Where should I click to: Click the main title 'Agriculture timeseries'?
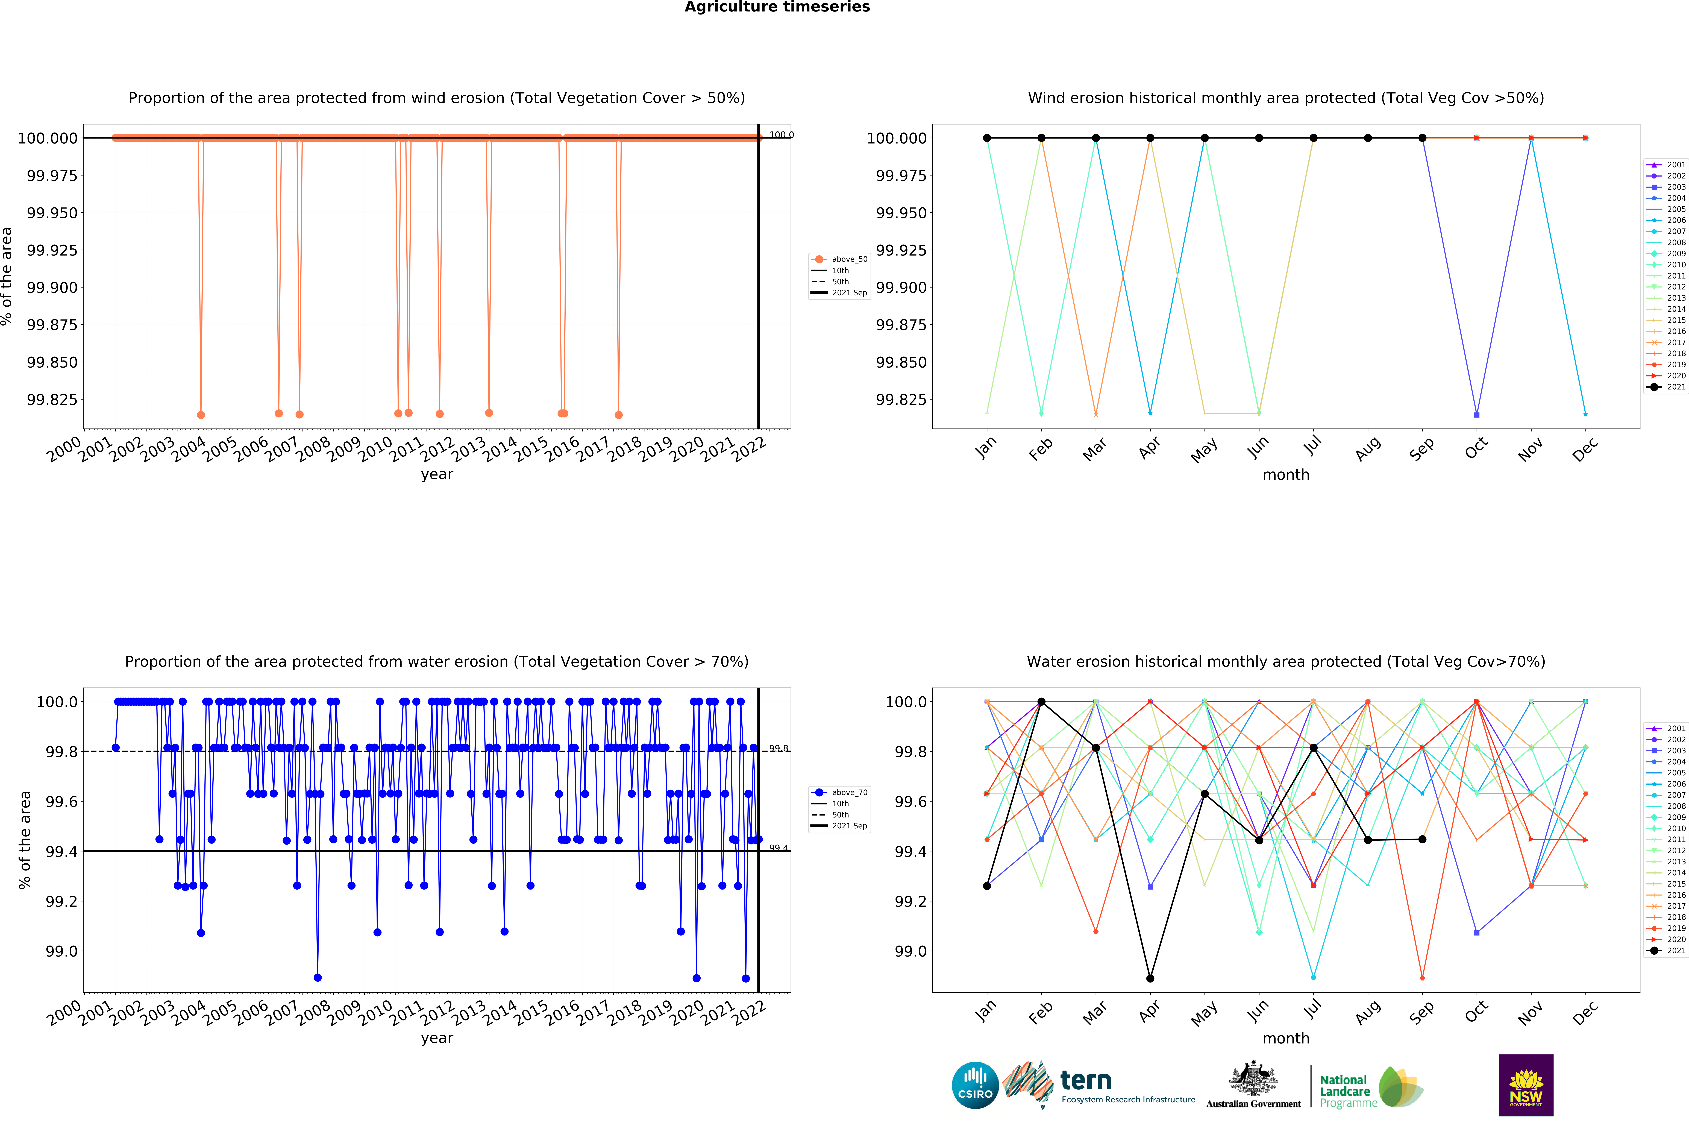click(x=777, y=7)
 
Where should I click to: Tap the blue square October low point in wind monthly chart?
click(x=1477, y=415)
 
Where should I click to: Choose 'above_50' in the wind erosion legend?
click(x=850, y=259)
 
